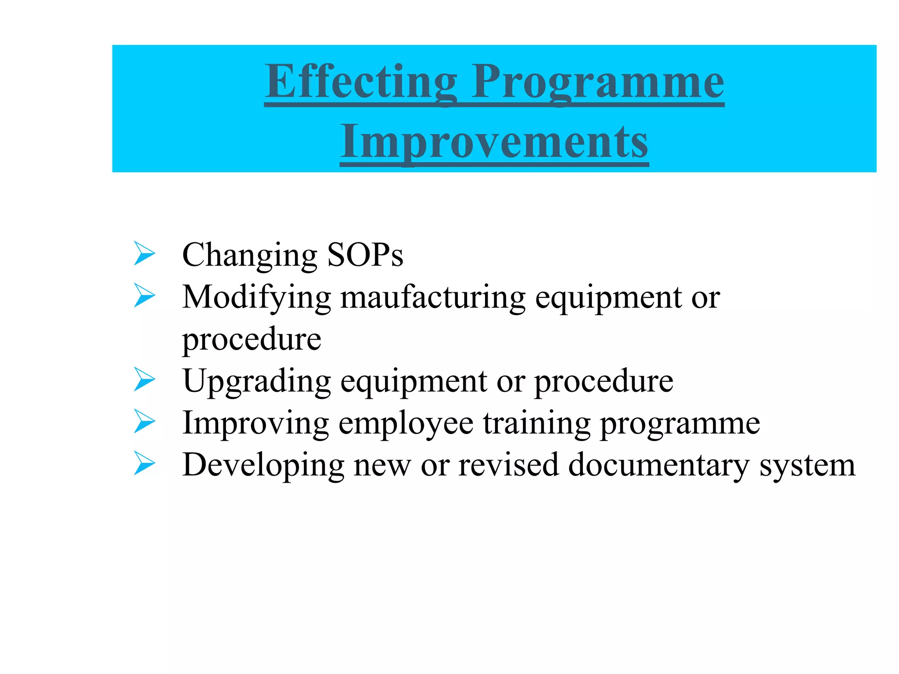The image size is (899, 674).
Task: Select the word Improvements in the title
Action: pos(494,141)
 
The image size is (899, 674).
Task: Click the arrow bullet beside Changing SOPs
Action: pos(144,254)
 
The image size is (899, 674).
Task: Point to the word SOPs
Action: pos(365,255)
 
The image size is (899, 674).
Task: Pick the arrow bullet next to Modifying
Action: pos(144,295)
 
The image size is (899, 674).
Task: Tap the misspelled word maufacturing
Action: pos(433,297)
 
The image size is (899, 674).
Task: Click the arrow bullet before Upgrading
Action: pos(144,379)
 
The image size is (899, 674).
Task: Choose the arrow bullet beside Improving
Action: pos(144,421)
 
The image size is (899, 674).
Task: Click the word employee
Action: pos(406,423)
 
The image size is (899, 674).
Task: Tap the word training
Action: pos(537,423)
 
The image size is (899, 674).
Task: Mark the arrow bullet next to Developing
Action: pos(144,463)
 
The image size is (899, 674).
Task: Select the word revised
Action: pos(508,464)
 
